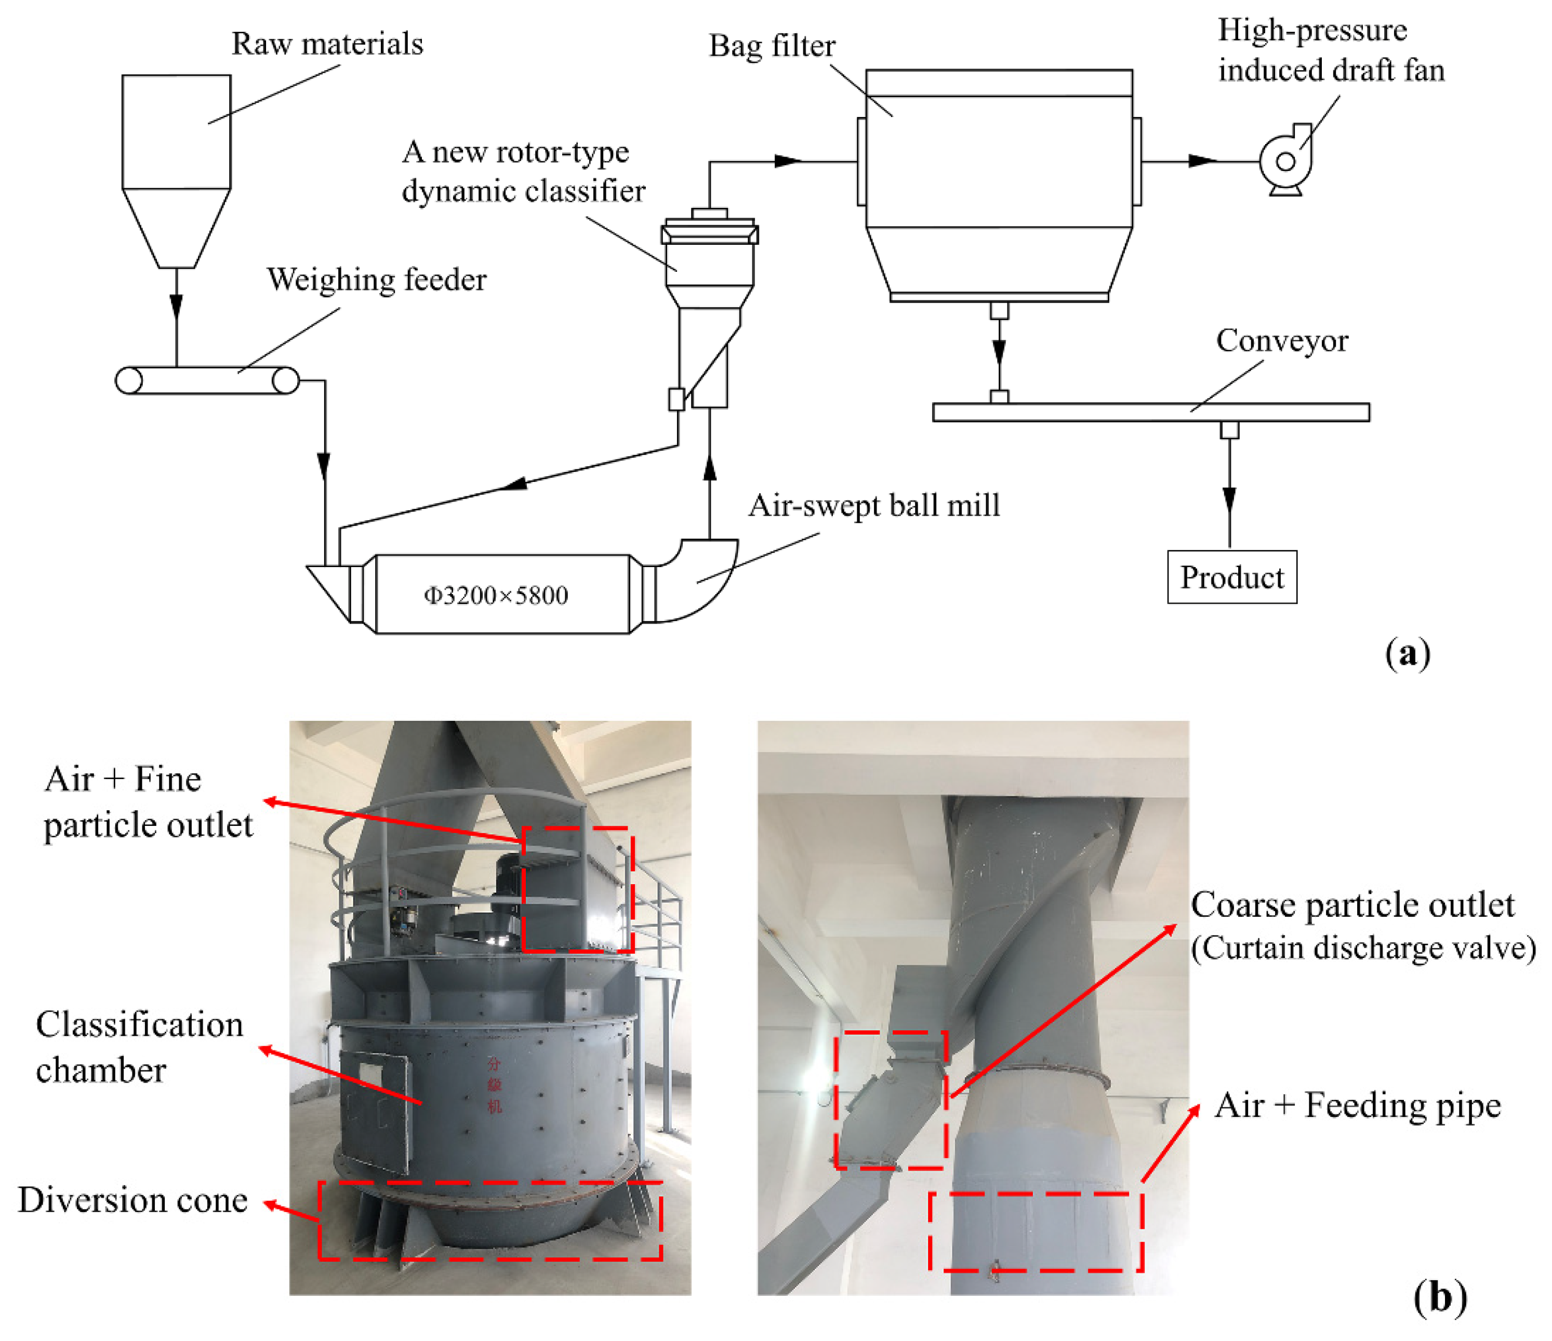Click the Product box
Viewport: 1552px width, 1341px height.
click(x=1231, y=577)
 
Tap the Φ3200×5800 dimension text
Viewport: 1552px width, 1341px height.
click(x=495, y=596)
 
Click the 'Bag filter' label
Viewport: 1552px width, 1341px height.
click(x=772, y=46)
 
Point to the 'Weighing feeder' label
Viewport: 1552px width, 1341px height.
click(x=376, y=280)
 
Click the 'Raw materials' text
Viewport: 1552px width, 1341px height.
click(x=327, y=44)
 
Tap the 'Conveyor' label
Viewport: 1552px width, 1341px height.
click(x=1282, y=341)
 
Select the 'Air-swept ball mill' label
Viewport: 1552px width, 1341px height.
click(x=873, y=506)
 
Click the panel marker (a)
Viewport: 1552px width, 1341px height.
click(x=1408, y=653)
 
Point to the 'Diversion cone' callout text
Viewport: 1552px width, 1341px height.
click(x=132, y=1200)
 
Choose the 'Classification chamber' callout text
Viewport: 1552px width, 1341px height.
click(x=139, y=1047)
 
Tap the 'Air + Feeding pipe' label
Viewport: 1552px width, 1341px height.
click(x=1357, y=1106)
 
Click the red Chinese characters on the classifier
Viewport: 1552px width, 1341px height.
click(x=494, y=1085)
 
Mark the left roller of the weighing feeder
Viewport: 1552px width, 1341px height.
click(x=129, y=380)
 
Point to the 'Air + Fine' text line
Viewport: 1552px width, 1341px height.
click(x=123, y=779)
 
